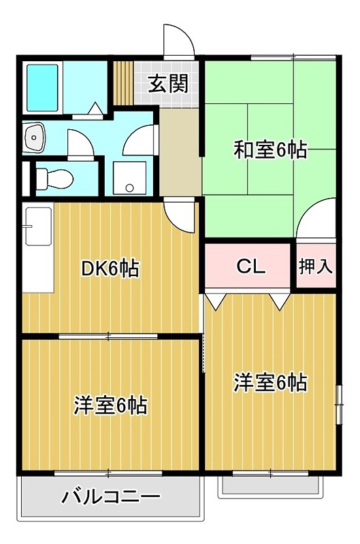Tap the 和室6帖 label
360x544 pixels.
[270, 149]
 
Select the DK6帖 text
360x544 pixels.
[110, 269]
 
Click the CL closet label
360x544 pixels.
[250, 267]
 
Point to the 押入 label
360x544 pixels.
[316, 267]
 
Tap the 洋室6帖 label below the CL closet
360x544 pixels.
[270, 383]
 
